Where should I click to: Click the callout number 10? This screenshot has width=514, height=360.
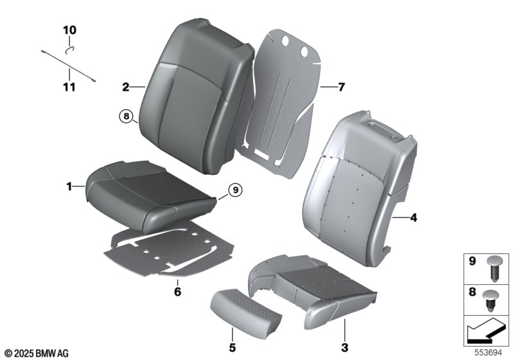coord(69,30)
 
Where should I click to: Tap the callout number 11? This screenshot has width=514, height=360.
coord(69,87)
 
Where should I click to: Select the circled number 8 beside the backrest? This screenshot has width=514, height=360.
coord(126,116)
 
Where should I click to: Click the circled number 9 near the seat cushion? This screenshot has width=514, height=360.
coord(235,190)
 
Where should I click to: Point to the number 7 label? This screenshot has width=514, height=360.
coord(341,87)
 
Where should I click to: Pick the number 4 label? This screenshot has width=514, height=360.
coord(414,217)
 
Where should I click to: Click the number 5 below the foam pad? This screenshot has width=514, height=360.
coord(232,348)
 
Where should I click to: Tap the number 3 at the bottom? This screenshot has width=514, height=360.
coord(344,348)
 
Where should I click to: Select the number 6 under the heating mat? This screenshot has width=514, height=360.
coord(177,291)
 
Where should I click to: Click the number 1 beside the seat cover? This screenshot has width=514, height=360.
coord(69,187)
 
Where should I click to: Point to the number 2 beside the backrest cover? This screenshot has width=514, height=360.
coord(125,87)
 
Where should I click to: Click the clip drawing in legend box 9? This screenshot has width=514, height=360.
coord(494,269)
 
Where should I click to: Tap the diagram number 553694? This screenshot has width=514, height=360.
coord(488,353)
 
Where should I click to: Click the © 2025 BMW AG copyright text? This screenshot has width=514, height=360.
coord(37,354)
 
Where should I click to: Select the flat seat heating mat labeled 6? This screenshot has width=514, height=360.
coord(169,252)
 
